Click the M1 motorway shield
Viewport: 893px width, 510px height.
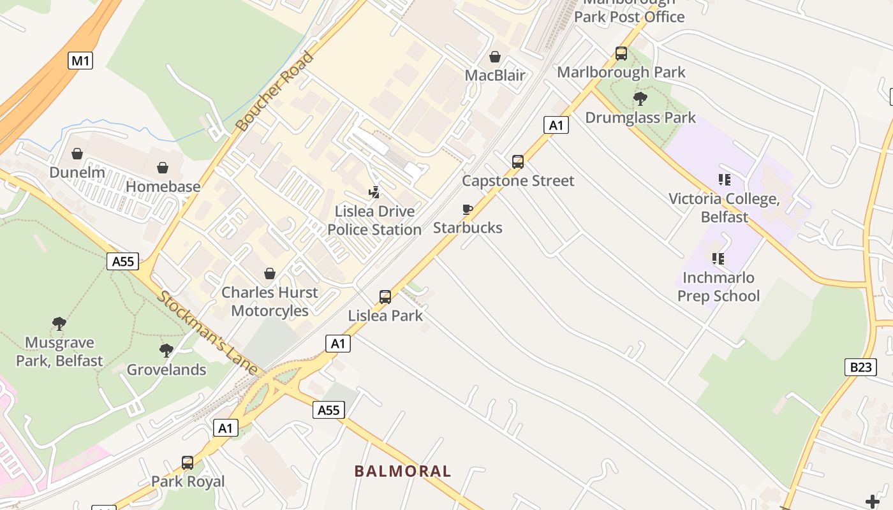tap(80, 61)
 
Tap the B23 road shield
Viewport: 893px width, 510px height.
tap(860, 367)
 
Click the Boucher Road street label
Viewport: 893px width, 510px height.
tap(275, 91)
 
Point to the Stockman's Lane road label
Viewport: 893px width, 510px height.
tap(208, 333)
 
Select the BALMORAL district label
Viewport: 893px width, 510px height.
tap(402, 471)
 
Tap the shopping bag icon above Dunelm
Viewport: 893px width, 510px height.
tap(77, 154)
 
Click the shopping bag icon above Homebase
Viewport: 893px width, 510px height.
tap(163, 168)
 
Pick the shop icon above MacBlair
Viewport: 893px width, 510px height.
tap(494, 57)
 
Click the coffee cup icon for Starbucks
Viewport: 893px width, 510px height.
tap(468, 209)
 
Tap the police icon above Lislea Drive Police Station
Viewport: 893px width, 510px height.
tap(374, 191)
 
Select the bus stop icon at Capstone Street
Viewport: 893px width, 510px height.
tap(518, 162)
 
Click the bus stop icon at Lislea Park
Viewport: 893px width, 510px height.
tap(385, 296)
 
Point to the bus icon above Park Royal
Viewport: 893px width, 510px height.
tap(188, 462)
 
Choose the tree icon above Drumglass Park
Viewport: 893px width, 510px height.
tap(640, 99)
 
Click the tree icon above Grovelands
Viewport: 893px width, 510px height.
tap(166, 350)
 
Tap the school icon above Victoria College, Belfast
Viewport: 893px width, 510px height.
tap(724, 180)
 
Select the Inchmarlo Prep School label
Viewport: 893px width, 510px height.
tap(718, 287)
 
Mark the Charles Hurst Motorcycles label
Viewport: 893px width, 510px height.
tap(269, 302)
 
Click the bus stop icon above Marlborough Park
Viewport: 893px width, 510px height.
tap(621, 54)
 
